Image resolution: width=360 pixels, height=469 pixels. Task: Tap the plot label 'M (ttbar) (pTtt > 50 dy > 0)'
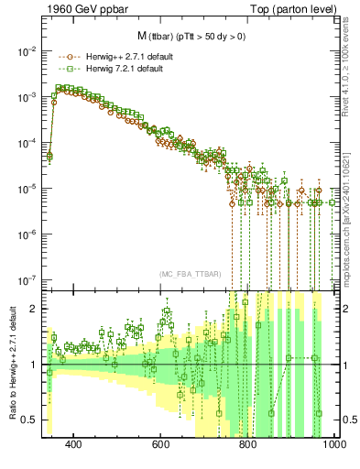point(184,37)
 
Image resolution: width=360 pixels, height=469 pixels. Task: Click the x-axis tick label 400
point(74,444)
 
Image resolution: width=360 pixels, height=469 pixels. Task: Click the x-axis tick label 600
point(161,444)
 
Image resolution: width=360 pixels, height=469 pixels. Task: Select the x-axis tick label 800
point(247,444)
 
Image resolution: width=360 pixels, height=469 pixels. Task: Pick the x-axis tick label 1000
point(333,444)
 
